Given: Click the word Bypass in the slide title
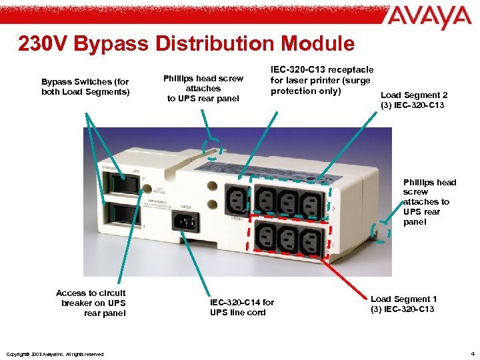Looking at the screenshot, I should (x=114, y=44).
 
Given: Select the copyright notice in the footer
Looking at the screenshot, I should (x=53, y=354).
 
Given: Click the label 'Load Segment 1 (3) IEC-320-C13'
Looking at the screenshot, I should (x=403, y=304).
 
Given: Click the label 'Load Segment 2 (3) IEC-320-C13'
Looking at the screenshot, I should (x=413, y=100).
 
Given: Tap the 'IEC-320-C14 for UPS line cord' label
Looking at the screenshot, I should (x=241, y=307).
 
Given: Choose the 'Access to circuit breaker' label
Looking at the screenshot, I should (x=91, y=303).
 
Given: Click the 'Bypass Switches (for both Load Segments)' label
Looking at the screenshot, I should (x=85, y=87).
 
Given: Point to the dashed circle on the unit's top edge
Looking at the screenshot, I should (x=213, y=150).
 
